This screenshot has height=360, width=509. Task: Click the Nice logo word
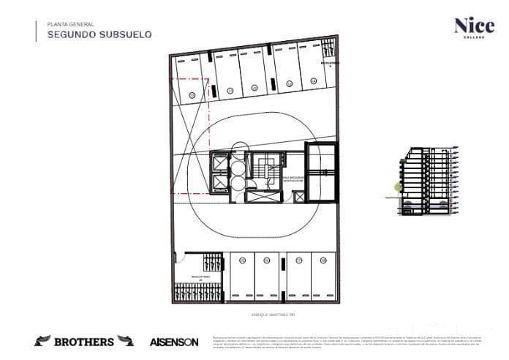(x=474, y=26)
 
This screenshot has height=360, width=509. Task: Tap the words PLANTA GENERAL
(x=70, y=23)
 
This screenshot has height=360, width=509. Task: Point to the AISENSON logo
(x=174, y=342)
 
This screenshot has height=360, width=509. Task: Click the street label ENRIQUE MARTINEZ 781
(x=252, y=315)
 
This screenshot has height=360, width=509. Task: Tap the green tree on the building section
(x=399, y=187)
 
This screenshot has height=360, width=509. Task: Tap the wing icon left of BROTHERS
(x=42, y=341)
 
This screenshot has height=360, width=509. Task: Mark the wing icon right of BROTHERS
(x=126, y=341)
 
